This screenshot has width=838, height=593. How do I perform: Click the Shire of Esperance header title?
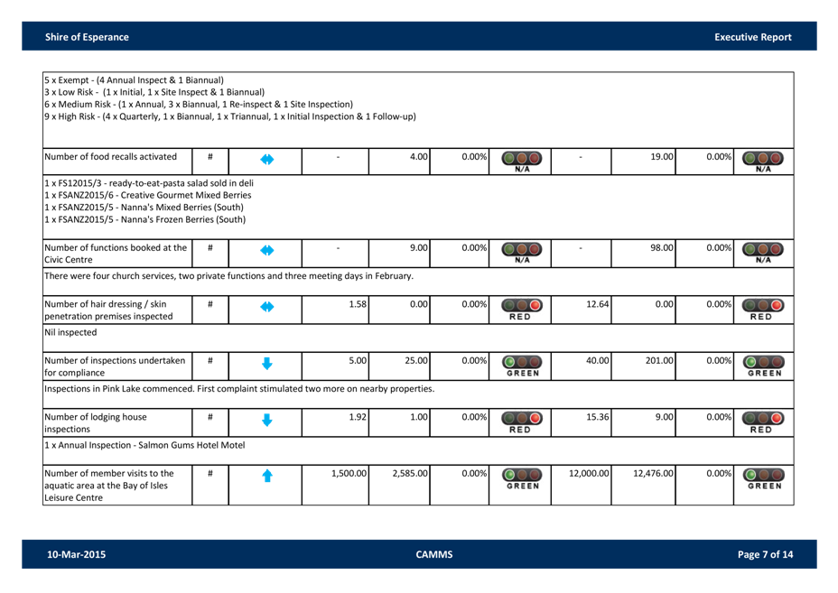pyautogui.click(x=87, y=37)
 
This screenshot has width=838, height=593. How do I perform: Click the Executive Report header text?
pyautogui.click(x=752, y=37)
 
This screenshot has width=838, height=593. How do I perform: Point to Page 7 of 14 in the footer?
pyautogui.click(x=765, y=554)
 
